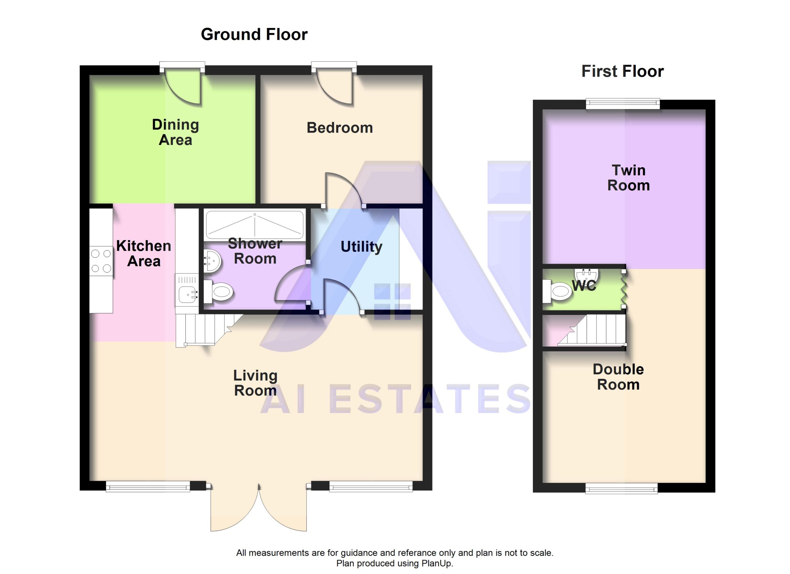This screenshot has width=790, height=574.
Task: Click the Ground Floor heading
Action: pyautogui.click(x=254, y=35)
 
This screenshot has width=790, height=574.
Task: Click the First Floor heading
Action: pyautogui.click(x=622, y=71)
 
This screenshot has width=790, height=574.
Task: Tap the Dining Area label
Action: pyautogui.click(x=176, y=132)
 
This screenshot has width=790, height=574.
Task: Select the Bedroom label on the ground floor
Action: pyautogui.click(x=340, y=128)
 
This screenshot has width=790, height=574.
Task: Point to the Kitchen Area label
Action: pyautogui.click(x=143, y=253)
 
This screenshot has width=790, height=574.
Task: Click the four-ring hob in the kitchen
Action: pyautogui.click(x=101, y=261)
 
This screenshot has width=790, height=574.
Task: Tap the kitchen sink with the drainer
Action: pyautogui.click(x=187, y=290)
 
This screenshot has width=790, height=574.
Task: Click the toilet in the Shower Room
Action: pyautogui.click(x=218, y=292)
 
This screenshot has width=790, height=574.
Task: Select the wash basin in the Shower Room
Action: pyautogui.click(x=212, y=261)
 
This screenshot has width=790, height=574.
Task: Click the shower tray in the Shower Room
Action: pyautogui.click(x=255, y=224)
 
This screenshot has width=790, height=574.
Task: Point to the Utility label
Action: pyautogui.click(x=361, y=247)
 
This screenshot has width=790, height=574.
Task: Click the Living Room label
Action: pyautogui.click(x=255, y=383)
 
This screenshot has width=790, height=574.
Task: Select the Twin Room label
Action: pyautogui.click(x=628, y=178)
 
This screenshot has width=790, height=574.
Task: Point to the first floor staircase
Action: pyautogui.click(x=592, y=330)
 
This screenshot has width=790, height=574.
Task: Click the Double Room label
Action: pyautogui.click(x=618, y=377)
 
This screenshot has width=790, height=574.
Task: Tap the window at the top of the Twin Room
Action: pyautogui.click(x=623, y=103)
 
